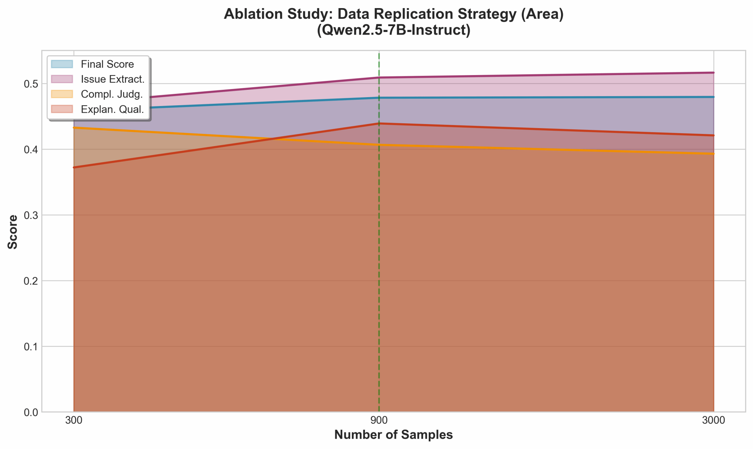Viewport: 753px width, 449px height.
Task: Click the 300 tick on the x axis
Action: pyautogui.click(x=74, y=420)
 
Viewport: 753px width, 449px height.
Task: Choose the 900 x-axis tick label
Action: pyautogui.click(x=379, y=420)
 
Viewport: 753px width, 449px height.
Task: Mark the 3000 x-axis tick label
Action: pyautogui.click(x=713, y=420)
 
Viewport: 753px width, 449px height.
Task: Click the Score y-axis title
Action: pyautogui.click(x=13, y=231)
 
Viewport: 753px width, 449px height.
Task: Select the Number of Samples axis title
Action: pyautogui.click(x=393, y=435)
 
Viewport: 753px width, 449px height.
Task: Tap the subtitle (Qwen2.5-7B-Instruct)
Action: pyautogui.click(x=393, y=30)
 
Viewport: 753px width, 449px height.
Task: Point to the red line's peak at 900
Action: pyautogui.click(x=379, y=124)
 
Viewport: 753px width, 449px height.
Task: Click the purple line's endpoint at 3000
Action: pyautogui.click(x=713, y=73)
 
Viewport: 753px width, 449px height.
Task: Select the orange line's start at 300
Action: pyautogui.click(x=74, y=128)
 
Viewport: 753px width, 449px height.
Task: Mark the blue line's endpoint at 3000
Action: pyautogui.click(x=713, y=97)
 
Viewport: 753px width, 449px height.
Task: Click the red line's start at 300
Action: pyautogui.click(x=74, y=167)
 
